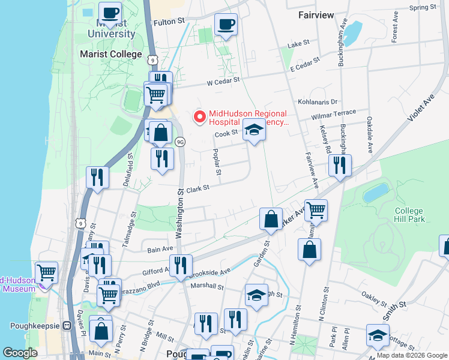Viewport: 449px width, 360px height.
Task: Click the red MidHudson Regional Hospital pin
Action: coord(199,116)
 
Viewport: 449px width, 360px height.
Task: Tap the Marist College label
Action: coord(111,54)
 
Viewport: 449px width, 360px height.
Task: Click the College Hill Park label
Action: coord(409,215)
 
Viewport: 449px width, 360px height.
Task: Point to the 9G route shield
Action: coord(180,142)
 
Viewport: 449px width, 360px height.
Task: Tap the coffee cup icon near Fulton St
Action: coord(226,25)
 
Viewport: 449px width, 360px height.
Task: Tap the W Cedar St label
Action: coord(224,79)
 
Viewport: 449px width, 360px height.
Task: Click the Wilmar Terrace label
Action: coord(336,113)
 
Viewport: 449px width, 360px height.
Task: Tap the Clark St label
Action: coord(197,188)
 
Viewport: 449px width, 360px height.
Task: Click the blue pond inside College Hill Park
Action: coord(376,193)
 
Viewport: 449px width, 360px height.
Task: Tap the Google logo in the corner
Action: coord(20,352)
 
